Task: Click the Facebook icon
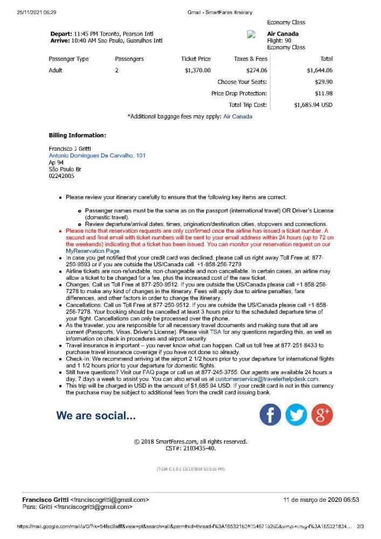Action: (x=271, y=414)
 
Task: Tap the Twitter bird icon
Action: (x=296, y=414)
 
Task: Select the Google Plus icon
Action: (x=322, y=414)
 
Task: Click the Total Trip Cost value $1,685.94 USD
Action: (x=313, y=105)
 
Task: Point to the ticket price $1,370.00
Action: (x=197, y=70)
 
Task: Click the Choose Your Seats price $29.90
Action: (x=323, y=82)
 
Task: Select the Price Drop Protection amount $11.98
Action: (x=323, y=94)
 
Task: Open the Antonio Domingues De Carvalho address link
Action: (x=97, y=155)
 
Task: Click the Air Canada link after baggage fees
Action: (x=238, y=116)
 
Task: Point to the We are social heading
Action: (x=96, y=416)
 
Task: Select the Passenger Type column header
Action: (x=68, y=59)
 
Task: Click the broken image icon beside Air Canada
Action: (x=251, y=34)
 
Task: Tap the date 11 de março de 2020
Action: (x=321, y=500)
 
